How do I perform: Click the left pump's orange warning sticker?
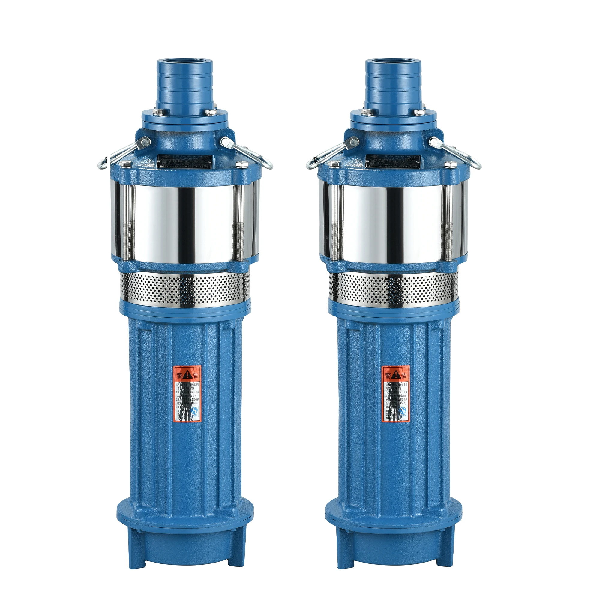tap(187, 394)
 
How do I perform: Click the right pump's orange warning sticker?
tap(395, 394)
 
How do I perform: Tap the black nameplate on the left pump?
tap(185, 161)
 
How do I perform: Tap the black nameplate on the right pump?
tap(394, 161)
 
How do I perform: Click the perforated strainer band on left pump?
tap(185, 285)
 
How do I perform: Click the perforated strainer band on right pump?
tap(394, 285)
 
